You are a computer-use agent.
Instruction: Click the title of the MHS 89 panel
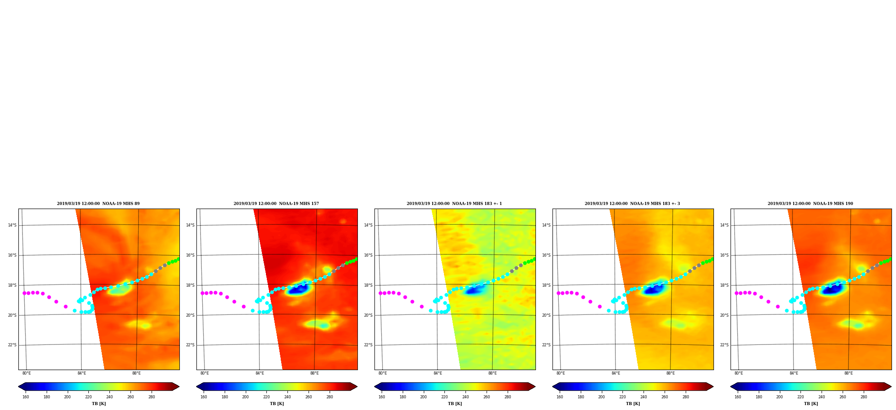pos(98,204)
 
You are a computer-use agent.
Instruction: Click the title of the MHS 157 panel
pos(276,204)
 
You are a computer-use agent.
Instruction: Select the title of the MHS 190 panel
pos(810,204)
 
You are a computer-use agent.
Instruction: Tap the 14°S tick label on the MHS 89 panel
pos(12,225)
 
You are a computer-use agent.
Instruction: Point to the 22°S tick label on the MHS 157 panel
pos(190,345)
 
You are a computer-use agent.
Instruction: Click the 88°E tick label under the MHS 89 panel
pos(136,373)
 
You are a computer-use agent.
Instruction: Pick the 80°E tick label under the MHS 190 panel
pos(739,373)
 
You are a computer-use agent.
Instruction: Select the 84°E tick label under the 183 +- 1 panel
pos(438,373)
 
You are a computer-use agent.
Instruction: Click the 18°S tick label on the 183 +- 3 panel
pos(546,285)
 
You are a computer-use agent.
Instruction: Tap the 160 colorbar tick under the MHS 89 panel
pos(26,397)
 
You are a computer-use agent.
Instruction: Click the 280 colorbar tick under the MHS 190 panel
pos(864,397)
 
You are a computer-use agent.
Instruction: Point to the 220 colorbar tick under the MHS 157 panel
pos(266,397)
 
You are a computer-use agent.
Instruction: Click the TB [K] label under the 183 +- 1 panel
pos(455,404)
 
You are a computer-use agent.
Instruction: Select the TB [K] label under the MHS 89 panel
pos(99,404)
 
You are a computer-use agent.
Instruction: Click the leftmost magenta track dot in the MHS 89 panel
pos(24,293)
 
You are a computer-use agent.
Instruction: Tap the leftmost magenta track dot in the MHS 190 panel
pos(736,293)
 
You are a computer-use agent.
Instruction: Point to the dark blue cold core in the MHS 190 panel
pos(831,290)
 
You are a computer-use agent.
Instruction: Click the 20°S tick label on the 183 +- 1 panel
pos(368,315)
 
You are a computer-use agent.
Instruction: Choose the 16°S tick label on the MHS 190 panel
pos(724,255)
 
